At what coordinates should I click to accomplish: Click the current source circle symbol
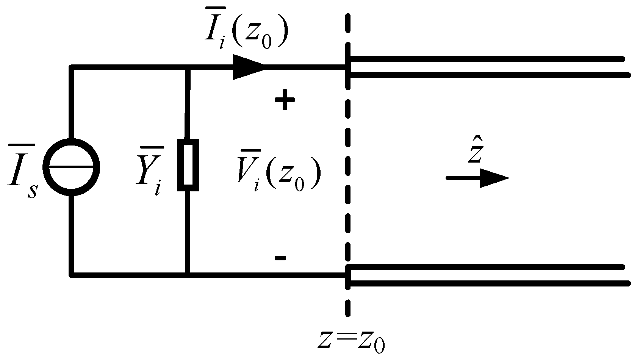(71, 167)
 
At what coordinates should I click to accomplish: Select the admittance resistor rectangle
(188, 165)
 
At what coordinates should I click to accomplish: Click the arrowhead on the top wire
(248, 67)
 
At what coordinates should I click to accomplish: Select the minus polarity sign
(280, 258)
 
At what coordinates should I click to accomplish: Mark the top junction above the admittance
(188, 67)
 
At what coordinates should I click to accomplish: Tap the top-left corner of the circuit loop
(71, 67)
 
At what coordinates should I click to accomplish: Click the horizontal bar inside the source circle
(71, 167)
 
